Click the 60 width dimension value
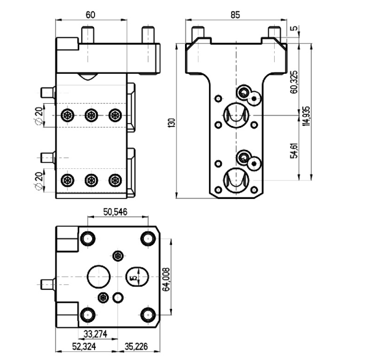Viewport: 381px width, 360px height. click(90, 15)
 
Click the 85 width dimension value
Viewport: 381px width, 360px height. click(235, 15)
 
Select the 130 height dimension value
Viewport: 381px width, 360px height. click(172, 123)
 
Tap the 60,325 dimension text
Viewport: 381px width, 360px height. click(294, 82)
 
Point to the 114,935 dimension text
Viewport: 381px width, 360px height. click(307, 116)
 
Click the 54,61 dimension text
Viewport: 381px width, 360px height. click(294, 151)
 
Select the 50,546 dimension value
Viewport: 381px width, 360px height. click(115, 212)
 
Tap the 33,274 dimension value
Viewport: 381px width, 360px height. click(95, 334)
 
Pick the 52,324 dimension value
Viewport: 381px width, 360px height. click(84, 346)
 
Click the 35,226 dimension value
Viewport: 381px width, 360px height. click(136, 346)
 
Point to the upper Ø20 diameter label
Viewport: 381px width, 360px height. click(39, 116)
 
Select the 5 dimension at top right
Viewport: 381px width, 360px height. click(294, 28)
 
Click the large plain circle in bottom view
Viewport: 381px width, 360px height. click(99, 276)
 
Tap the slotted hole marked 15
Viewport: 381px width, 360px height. click(137, 276)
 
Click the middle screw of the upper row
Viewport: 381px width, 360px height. click(92, 115)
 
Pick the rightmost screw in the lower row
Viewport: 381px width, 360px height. click(115, 180)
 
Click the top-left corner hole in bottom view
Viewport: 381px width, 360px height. click(87, 239)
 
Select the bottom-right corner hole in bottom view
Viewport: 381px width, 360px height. click(148, 315)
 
